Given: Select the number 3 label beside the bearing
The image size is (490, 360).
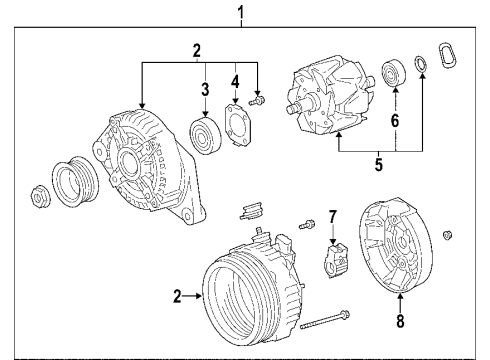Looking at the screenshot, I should [x=203, y=90].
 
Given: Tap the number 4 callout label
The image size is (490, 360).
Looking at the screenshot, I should [x=235, y=80].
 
